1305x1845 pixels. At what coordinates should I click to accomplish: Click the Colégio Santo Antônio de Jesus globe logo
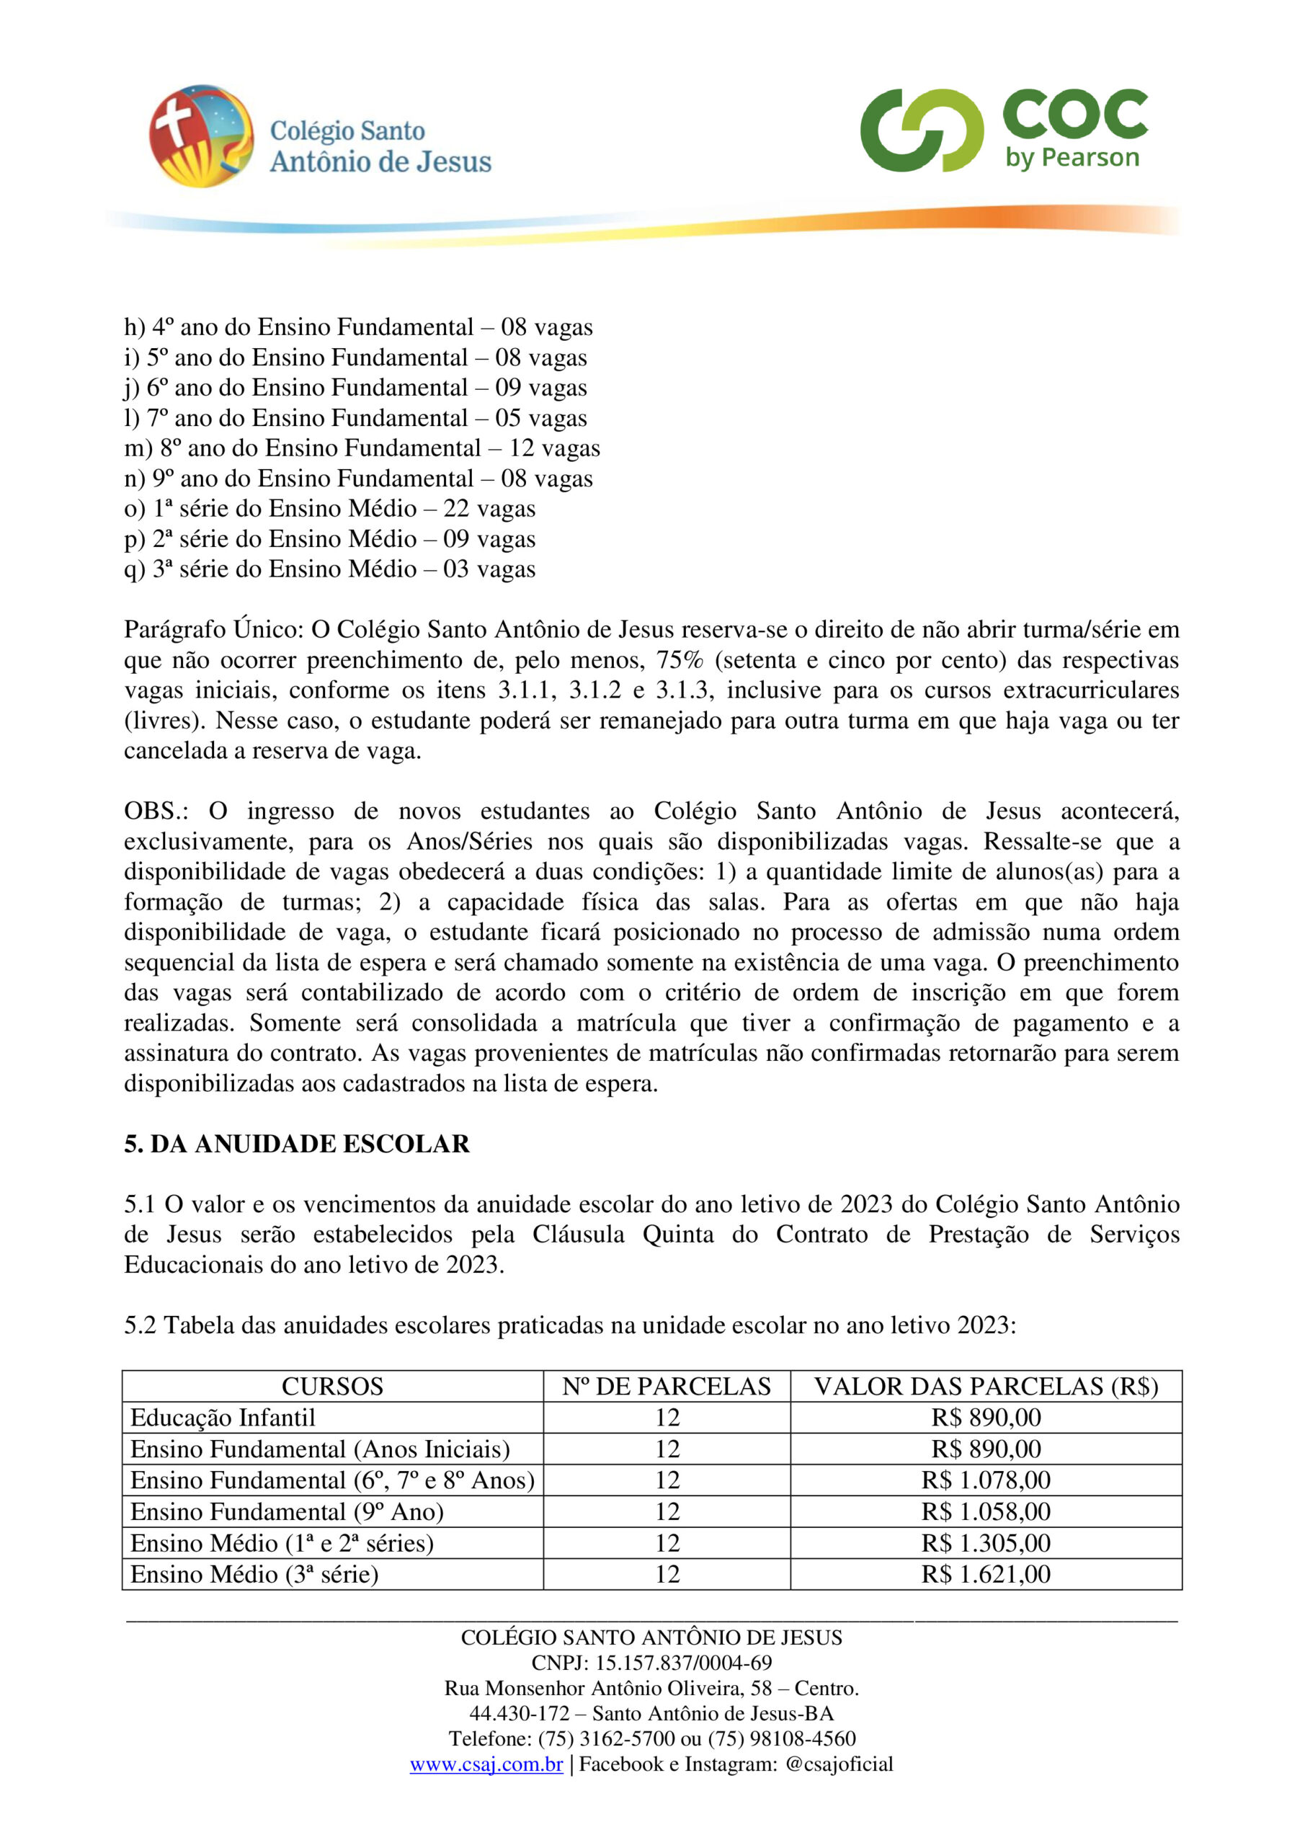coord(201,135)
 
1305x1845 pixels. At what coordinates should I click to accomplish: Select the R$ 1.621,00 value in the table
coord(985,1574)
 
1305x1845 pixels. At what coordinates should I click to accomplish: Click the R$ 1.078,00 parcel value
coord(985,1480)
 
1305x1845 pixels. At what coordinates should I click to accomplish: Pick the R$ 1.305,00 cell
coord(985,1543)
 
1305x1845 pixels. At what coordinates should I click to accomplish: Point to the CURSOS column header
coord(332,1386)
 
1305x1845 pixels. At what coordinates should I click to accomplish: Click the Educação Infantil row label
coord(223,1418)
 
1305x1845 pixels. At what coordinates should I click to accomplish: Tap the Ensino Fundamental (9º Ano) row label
coord(287,1511)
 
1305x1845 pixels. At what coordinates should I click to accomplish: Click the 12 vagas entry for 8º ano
coord(553,448)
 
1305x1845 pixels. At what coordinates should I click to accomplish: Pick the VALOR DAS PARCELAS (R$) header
coord(985,1386)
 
